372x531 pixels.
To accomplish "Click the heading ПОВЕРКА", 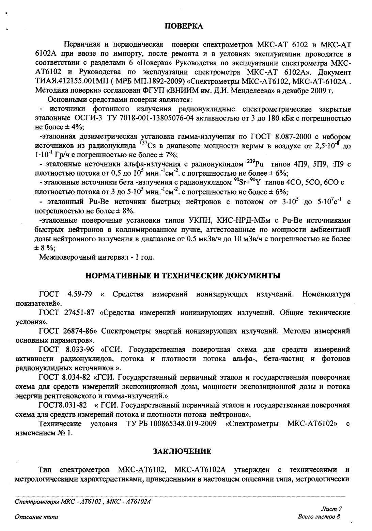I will click(x=184, y=26).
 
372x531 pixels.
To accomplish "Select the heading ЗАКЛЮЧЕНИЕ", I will click(x=182, y=451).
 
